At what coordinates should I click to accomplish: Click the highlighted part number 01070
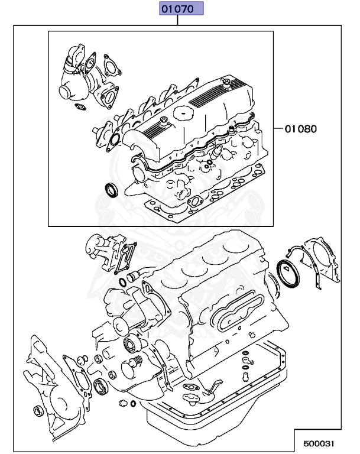(179, 9)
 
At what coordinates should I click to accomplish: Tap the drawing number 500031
(323, 442)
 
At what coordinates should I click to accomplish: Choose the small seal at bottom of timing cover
(39, 411)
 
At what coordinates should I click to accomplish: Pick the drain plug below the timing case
(123, 403)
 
